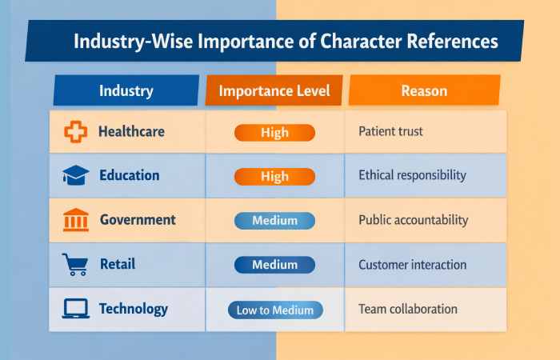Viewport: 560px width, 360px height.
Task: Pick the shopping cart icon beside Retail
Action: tap(74, 264)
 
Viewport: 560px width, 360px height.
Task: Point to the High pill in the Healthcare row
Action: tap(274, 133)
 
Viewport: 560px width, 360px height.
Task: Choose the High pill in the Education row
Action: tap(274, 176)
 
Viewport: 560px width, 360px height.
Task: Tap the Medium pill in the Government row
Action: tap(274, 220)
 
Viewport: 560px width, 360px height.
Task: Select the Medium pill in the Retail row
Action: tap(274, 264)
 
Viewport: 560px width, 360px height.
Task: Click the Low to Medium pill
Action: tap(274, 310)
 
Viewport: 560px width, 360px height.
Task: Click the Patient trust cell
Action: tap(390, 132)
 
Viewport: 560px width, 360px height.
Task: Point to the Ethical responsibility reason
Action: tap(413, 176)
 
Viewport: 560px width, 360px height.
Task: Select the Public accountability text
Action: tap(413, 220)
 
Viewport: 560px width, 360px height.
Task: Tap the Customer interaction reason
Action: tap(413, 264)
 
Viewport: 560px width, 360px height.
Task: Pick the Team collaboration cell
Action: tap(407, 309)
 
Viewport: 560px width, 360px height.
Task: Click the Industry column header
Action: tap(126, 90)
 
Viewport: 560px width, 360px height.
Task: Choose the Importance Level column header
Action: tap(274, 90)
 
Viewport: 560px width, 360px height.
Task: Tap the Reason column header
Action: tap(424, 90)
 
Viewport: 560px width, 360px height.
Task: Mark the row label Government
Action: tap(138, 220)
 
